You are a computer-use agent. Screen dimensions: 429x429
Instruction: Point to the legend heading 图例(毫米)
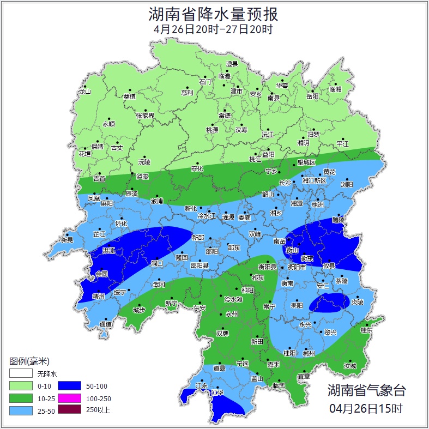coord(29,361)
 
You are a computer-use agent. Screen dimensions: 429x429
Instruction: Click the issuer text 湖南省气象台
coord(366,390)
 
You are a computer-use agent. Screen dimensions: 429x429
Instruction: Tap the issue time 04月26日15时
coord(366,408)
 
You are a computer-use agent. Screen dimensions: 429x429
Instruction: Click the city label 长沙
coord(286,183)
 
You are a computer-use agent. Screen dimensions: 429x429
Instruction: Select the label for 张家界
coord(145,116)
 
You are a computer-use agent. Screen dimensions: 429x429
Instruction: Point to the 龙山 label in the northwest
coord(84,92)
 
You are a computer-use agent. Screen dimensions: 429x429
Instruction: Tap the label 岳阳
coord(312,96)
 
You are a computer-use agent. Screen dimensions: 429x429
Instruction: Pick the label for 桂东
coord(366,330)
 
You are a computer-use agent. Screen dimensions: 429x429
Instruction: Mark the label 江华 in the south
coord(217,392)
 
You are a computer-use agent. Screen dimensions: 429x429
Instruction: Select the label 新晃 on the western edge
coord(67,240)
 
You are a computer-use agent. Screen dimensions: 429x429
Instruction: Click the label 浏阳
coord(347,185)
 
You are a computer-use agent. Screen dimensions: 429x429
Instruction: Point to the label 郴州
coord(309,353)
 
